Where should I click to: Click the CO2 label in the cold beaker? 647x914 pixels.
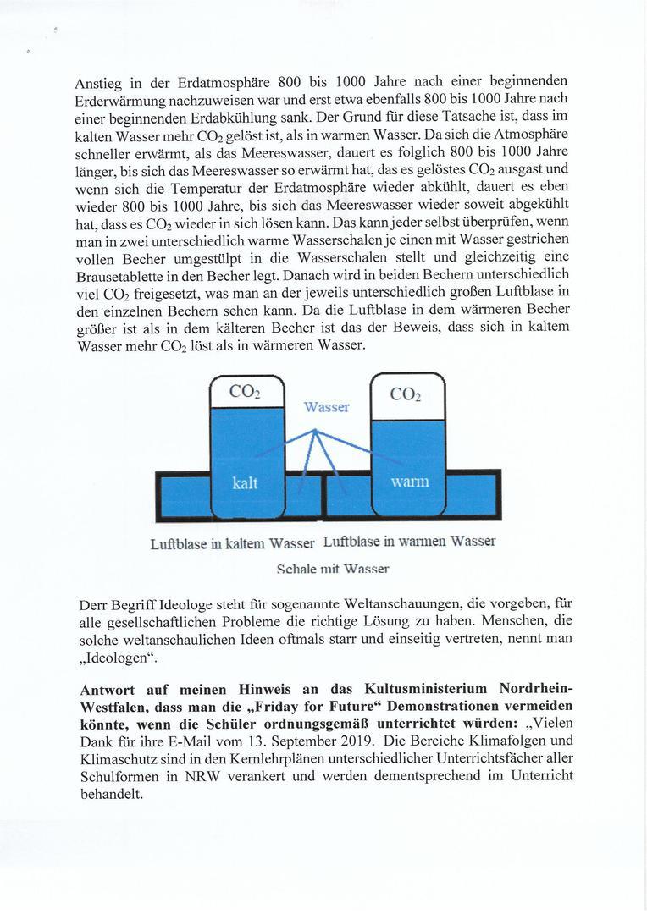245,392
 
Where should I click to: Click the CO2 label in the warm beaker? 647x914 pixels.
407,394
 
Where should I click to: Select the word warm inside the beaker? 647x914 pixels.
410,482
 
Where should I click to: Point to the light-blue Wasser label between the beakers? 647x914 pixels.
327,407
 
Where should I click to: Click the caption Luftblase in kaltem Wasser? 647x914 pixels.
233,542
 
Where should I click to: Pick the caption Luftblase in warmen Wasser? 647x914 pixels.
409,541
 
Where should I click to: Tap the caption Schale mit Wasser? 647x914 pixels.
333,570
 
